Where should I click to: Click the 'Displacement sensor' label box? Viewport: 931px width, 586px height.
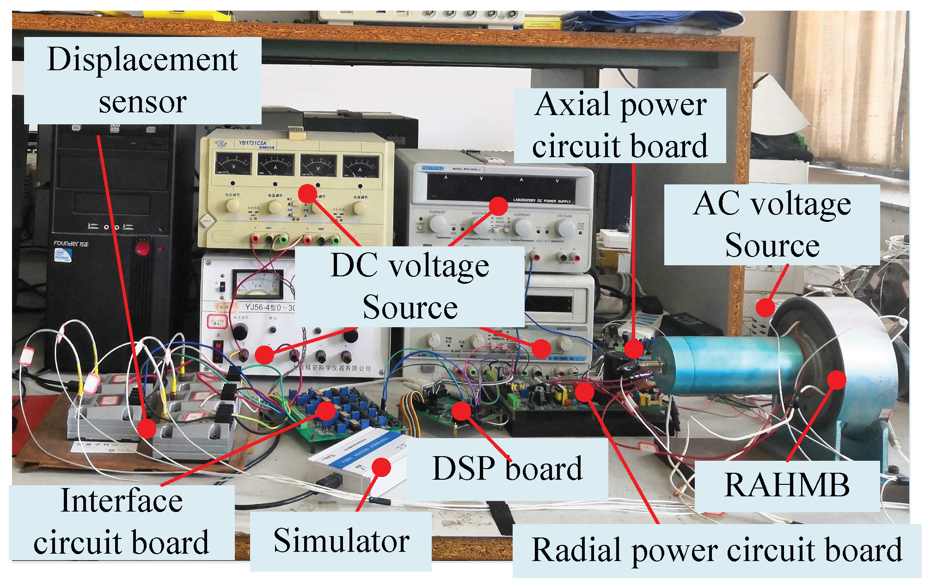142,80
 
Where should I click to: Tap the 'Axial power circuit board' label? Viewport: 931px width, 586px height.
619,125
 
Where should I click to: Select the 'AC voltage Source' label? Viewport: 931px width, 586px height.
772,225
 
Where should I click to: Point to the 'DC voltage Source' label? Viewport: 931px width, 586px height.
410,287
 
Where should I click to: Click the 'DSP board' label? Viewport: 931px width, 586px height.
507,469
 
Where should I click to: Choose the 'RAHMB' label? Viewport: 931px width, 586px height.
787,486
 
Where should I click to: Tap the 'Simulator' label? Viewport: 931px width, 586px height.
341,541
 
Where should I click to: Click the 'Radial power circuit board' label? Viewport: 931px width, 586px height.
717,550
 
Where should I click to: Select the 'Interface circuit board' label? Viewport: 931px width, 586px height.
122,522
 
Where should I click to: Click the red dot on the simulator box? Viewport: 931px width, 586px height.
381,467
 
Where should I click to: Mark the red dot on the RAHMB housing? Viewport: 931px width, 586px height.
836,380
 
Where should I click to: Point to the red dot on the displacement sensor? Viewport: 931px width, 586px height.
147,428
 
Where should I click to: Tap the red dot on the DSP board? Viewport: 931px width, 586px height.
461,411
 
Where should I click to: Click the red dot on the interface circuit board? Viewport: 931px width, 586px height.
326,411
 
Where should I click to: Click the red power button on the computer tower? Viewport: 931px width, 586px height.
142,249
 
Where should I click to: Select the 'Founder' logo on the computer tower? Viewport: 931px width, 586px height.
70,244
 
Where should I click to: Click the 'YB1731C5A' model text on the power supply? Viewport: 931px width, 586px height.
252,143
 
